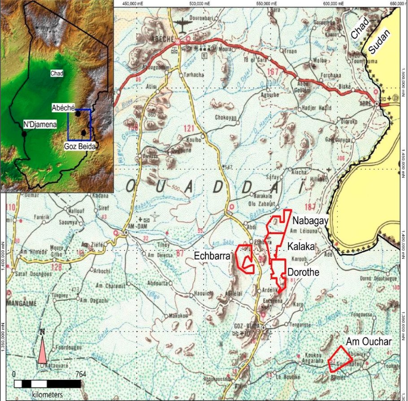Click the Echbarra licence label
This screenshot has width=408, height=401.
click(x=212, y=256)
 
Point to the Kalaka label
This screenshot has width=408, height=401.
click(x=301, y=246)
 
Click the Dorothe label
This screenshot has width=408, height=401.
click(x=304, y=272)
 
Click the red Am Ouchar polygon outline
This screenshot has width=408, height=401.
click(x=340, y=360)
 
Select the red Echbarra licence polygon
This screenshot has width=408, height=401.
click(x=245, y=259)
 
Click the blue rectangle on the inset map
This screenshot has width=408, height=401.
click(x=79, y=125)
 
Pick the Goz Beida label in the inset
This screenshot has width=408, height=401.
click(x=79, y=146)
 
